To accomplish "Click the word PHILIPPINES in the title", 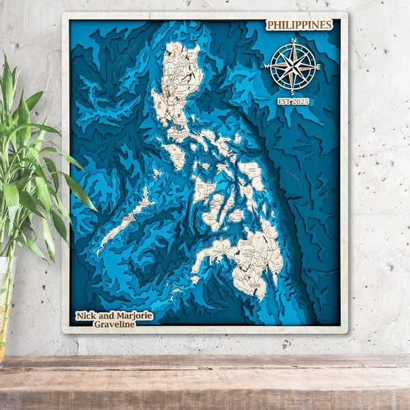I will [x=299, y=25].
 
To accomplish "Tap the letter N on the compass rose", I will [x=293, y=41].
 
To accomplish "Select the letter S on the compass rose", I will [x=292, y=92].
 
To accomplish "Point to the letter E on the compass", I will [x=318, y=66].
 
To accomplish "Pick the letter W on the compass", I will [x=267, y=67].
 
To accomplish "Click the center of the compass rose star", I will [x=292, y=66].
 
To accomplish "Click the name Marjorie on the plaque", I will [x=131, y=316].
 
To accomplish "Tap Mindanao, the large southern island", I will [x=253, y=263].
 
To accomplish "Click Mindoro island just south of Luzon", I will [x=176, y=156].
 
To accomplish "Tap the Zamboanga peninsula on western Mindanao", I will [x=208, y=256].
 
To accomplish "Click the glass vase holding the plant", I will [x=5, y=301].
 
